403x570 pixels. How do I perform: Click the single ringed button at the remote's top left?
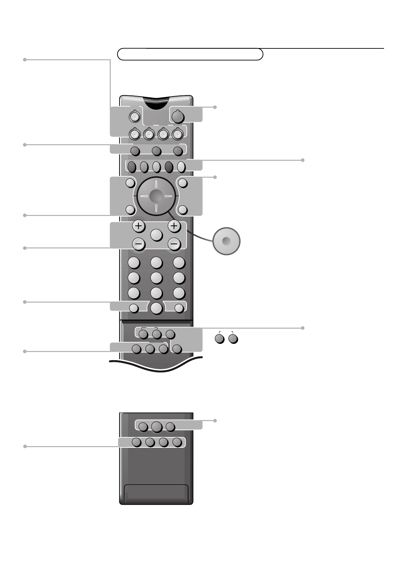pyautogui.click(x=134, y=116)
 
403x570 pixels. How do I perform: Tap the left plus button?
pyautogui.click(x=138, y=226)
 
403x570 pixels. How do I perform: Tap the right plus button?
pyautogui.click(x=174, y=226)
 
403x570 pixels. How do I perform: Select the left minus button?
pyautogui.click(x=138, y=244)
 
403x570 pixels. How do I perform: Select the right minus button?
pyautogui.click(x=174, y=244)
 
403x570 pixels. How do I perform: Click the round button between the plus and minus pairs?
pyautogui.click(x=156, y=235)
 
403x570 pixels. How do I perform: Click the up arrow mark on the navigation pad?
pyautogui.click(x=156, y=185)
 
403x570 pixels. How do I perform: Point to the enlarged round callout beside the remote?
pyautogui.click(x=227, y=241)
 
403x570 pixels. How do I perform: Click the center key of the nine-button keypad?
pyautogui.click(x=156, y=278)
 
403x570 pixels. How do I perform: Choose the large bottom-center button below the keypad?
pyautogui.click(x=156, y=308)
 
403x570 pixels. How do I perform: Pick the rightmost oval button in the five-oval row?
pyautogui.click(x=181, y=166)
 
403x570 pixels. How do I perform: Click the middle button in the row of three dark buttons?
pyautogui.click(x=156, y=151)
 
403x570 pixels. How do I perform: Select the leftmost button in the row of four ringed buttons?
pyautogui.click(x=135, y=134)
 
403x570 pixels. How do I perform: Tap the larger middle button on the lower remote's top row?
pyautogui.click(x=156, y=427)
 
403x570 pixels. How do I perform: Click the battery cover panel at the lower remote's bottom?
pyautogui.click(x=156, y=494)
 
